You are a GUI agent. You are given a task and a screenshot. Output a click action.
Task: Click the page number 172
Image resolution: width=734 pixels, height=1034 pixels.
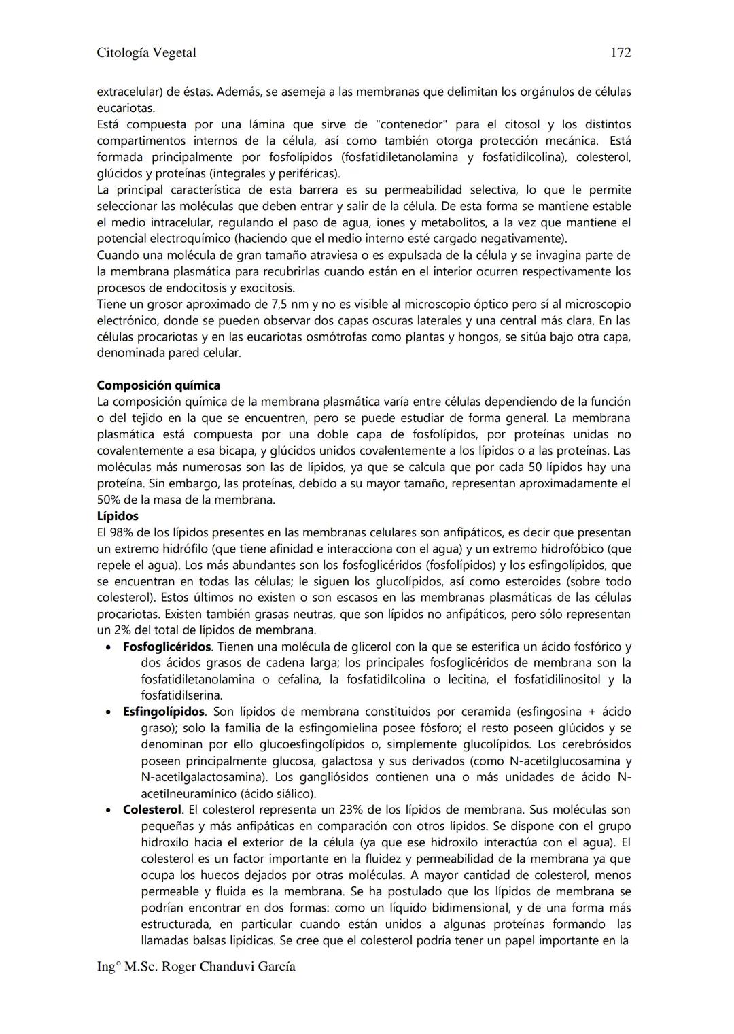[x=621, y=53]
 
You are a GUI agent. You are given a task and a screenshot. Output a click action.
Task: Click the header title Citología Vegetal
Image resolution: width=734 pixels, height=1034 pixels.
[x=146, y=53]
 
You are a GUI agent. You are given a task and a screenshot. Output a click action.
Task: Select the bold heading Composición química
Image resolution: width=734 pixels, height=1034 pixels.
[x=158, y=385]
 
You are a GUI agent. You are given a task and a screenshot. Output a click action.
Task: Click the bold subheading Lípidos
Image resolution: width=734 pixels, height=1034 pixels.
[x=118, y=516]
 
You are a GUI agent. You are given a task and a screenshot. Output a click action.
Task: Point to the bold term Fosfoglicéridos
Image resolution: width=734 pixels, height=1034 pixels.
[x=167, y=647]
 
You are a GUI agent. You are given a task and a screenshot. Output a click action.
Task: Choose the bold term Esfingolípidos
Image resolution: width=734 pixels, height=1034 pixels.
[x=164, y=712]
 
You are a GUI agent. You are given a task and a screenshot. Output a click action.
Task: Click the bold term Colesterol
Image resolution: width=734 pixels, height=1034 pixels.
[x=152, y=810]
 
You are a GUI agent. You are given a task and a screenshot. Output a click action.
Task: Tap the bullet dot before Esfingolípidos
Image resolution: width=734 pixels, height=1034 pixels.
[x=109, y=712]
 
